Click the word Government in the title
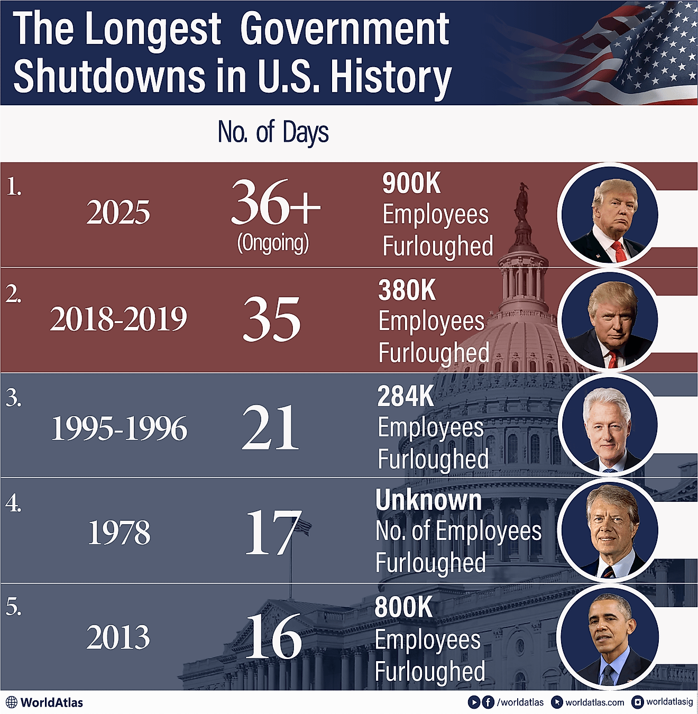pyautogui.click(x=344, y=29)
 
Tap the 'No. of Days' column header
pyautogui.click(x=273, y=132)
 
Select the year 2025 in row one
pyautogui.click(x=118, y=213)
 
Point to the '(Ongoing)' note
pyautogui.click(x=273, y=243)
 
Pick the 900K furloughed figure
pyautogui.click(x=411, y=184)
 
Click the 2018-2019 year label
pyautogui.click(x=118, y=319)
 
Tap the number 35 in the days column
pyautogui.click(x=272, y=319)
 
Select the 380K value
pyautogui.click(x=407, y=290)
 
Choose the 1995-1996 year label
pyautogui.click(x=119, y=428)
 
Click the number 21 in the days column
pyautogui.click(x=271, y=427)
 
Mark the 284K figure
pyautogui.click(x=406, y=396)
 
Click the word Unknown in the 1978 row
pyautogui.click(x=429, y=500)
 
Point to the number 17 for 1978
pyautogui.click(x=273, y=533)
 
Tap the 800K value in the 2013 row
pyautogui.click(x=403, y=607)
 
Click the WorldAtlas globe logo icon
pyautogui.click(x=11, y=702)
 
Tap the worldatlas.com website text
pyautogui.click(x=594, y=702)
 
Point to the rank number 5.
pyautogui.click(x=13, y=607)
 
